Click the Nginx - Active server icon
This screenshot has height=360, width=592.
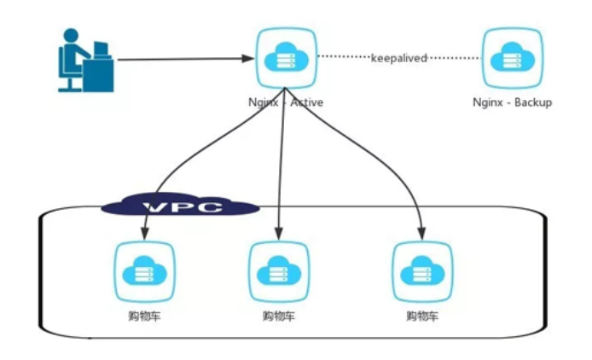(x=287, y=58)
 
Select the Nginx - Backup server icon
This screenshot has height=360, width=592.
(x=513, y=58)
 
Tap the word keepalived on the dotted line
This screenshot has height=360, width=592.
(x=398, y=58)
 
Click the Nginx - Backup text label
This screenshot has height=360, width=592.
(x=513, y=102)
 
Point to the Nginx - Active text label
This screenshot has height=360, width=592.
(x=286, y=102)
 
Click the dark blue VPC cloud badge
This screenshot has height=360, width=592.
(x=180, y=206)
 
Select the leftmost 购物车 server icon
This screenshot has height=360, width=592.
(x=145, y=271)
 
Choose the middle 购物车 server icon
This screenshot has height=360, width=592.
(x=279, y=271)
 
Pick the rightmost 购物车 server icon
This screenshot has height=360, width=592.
(x=422, y=271)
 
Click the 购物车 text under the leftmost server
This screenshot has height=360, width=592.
(x=145, y=316)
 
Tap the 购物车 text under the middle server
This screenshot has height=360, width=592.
(x=279, y=316)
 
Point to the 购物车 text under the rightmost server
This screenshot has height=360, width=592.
(x=422, y=316)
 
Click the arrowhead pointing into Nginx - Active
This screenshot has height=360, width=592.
(x=248, y=59)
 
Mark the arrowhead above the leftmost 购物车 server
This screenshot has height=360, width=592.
(x=145, y=234)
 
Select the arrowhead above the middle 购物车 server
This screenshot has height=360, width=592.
(x=279, y=234)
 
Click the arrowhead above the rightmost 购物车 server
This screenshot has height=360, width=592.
(x=421, y=234)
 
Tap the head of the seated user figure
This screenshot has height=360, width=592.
(x=71, y=36)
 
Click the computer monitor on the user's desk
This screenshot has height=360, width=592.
(x=101, y=49)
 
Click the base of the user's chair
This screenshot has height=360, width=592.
(x=69, y=90)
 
